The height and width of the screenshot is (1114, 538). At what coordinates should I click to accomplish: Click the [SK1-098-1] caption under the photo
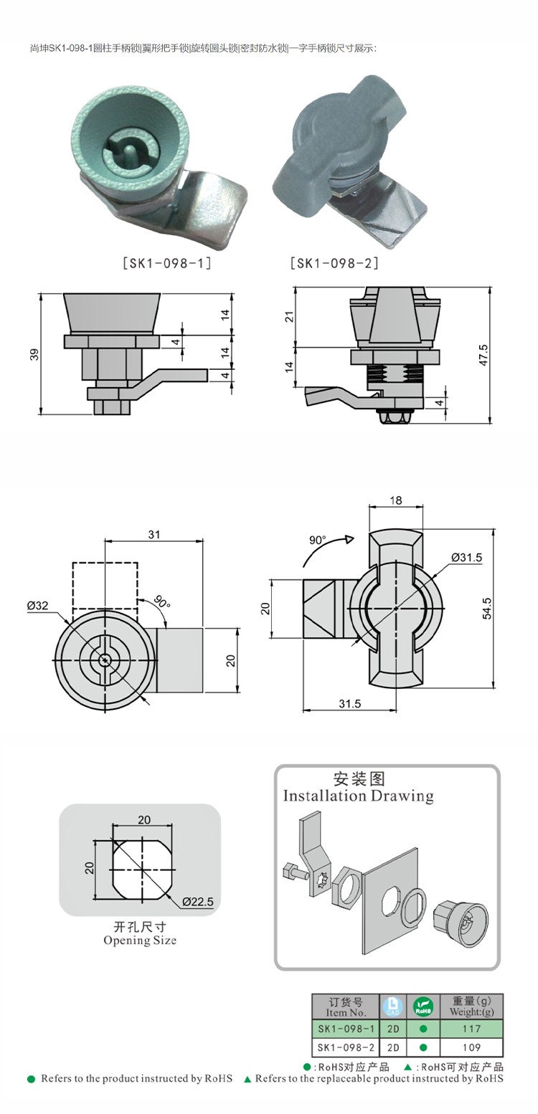167,263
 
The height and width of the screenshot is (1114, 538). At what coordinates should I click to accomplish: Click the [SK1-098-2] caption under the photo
334,263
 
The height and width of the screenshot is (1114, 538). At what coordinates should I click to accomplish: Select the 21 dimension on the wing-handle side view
289,317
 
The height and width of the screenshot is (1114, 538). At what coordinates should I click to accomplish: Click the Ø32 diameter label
37,606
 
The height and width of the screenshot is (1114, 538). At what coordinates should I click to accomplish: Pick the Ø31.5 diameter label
466,557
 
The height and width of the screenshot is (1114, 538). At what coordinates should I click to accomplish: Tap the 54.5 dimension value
487,608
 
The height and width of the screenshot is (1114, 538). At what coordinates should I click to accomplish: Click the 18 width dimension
395,500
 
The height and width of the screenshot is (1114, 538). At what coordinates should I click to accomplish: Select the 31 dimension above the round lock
154,534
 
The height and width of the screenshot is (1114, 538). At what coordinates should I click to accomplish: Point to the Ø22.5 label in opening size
197,901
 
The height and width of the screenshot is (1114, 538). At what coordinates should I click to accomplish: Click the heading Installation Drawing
358,796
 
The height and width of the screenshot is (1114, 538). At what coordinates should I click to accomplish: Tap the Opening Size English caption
140,941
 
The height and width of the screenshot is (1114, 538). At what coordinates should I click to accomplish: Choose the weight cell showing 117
471,1029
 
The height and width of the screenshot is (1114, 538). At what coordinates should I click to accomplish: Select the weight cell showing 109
471,1047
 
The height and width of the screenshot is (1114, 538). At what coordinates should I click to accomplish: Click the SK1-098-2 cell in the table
346,1047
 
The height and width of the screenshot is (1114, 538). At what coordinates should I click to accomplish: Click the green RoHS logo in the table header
423,1006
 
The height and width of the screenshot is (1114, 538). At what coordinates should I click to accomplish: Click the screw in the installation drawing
293,871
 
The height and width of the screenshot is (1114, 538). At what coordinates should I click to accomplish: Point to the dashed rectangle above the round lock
105,585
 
